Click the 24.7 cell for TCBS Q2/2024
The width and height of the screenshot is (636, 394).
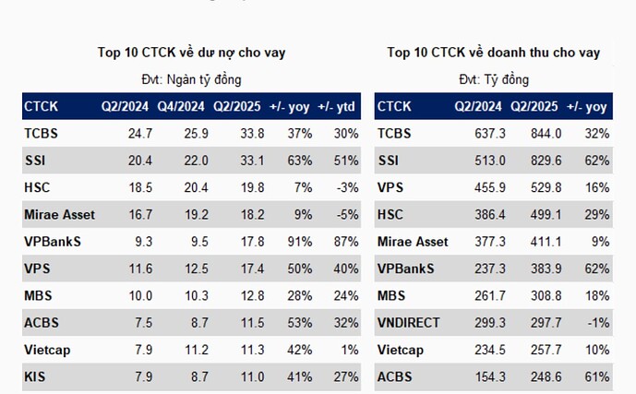coord(140,134)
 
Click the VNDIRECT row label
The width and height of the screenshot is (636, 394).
coord(409,323)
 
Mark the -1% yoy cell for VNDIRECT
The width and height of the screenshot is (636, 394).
coord(597,323)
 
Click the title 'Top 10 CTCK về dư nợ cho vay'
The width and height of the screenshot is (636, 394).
coord(192,53)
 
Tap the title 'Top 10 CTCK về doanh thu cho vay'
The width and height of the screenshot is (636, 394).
coord(493,53)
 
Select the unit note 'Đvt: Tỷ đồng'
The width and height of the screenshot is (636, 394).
coord(494,79)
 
